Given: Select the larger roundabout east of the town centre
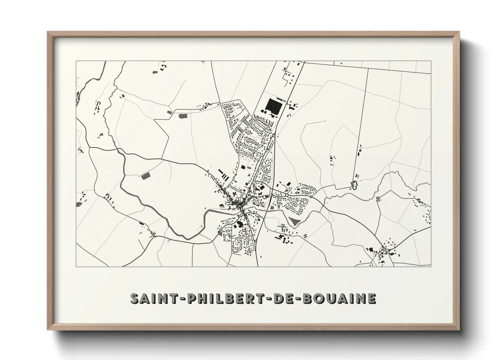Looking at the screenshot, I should (287, 195).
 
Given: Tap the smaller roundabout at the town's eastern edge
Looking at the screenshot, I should (311, 197).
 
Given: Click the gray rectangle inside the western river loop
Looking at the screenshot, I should (146, 176).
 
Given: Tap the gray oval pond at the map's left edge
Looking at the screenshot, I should (79, 204).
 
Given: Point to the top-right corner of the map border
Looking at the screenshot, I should (431, 61).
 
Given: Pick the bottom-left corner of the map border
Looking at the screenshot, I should (76, 266).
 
